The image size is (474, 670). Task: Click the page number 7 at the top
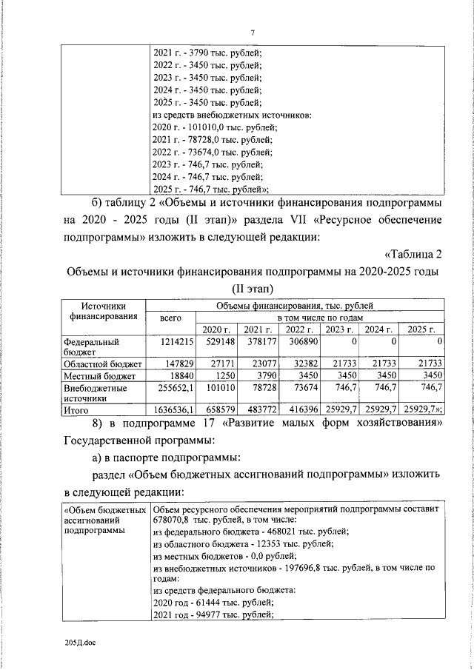(253, 33)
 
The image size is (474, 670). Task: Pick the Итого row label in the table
(76, 409)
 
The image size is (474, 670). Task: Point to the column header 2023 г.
(339, 329)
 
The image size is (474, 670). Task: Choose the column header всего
(170, 318)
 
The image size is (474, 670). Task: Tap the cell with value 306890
(301, 343)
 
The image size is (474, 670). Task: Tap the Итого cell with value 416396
(301, 409)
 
